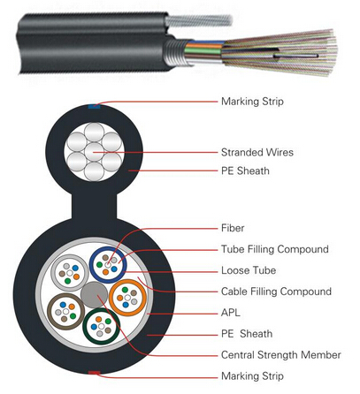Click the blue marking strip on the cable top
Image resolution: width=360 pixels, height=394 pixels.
94,106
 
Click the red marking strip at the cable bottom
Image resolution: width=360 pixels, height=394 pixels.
94,373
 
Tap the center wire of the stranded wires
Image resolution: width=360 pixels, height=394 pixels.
94,152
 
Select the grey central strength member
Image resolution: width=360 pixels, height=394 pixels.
94,295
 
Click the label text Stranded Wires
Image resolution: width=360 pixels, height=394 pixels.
257,152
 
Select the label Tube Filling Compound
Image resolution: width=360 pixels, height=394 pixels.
275,249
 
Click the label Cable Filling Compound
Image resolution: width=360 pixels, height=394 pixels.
276,292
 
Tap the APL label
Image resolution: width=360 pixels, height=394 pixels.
231,313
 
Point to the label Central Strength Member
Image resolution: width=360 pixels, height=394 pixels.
281,355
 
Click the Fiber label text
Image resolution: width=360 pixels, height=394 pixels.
233,228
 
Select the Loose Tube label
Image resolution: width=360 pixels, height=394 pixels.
249,270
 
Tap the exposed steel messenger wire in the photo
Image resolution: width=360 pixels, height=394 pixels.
198,20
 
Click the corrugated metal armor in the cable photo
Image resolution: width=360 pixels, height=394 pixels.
174,52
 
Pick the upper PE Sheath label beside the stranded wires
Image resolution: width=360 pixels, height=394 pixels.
245,170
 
